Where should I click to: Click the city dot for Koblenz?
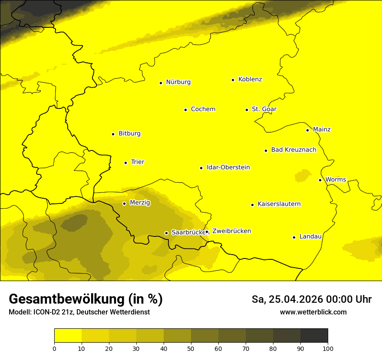[x=233, y=80]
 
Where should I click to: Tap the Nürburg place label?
[x=178, y=82]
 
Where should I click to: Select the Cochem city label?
[x=203, y=109]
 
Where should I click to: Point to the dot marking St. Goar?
[x=247, y=110]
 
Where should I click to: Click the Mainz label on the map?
[x=322, y=129]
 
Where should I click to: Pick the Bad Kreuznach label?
[x=293, y=150]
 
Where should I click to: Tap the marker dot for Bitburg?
[x=113, y=134]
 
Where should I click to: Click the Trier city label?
[x=138, y=162]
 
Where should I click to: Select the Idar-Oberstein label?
[x=228, y=167]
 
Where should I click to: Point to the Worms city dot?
[x=320, y=180]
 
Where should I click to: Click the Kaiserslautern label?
[x=279, y=204]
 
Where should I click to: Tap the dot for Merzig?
[x=124, y=203]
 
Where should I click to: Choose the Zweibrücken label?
[x=232, y=231]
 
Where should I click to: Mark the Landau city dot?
[x=294, y=237]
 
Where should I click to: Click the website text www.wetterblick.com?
[x=313, y=312]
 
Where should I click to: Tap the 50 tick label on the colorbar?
[x=191, y=348]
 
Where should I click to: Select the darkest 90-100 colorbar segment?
[x=314, y=335]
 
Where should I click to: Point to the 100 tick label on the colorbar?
[x=328, y=348]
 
